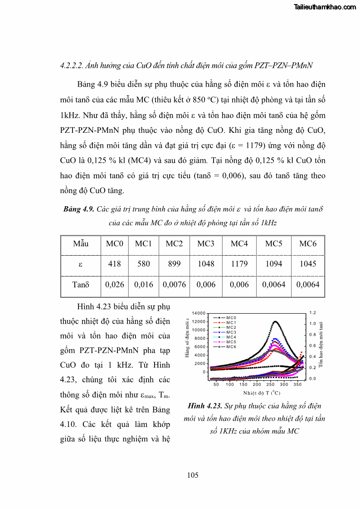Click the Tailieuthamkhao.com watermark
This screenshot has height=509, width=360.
pos(325,7)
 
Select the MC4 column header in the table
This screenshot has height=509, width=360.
pos(239,244)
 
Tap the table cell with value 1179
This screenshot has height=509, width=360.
pos(239,264)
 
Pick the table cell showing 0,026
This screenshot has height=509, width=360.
pos(115,285)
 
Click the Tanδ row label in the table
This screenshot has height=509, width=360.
pos(81,285)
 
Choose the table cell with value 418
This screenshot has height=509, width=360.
pos(115,264)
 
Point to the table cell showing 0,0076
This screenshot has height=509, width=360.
pos(174,285)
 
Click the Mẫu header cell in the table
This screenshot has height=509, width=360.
pos(81,244)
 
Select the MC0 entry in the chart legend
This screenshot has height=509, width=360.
pos(231,318)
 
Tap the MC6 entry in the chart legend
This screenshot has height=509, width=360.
pos(231,347)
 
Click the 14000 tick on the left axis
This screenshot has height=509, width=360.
pos(199,313)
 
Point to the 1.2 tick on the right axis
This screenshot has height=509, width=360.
pos(313,313)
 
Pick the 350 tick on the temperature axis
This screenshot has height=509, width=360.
pos(297,384)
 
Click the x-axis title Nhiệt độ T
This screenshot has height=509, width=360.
pos(262,393)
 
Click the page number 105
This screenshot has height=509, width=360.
pos(193,475)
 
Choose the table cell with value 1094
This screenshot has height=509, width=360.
pos(274,264)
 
